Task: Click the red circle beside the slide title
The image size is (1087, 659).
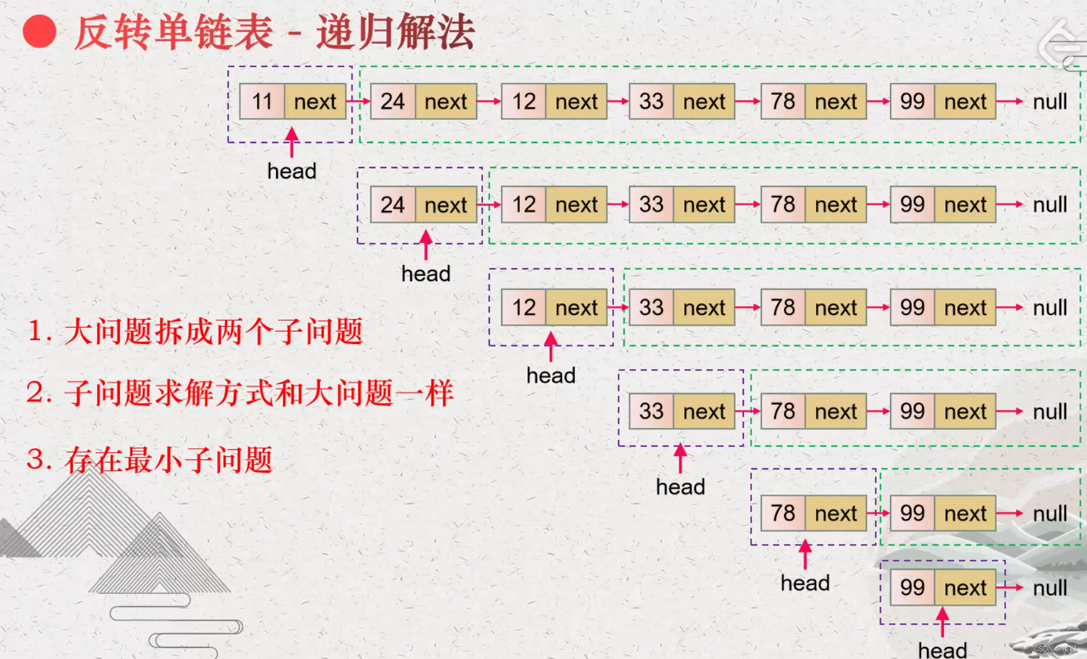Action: (x=40, y=31)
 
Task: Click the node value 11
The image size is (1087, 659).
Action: (x=262, y=101)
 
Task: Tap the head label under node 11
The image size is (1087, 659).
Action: (x=292, y=171)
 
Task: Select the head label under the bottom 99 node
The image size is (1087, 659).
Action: (x=942, y=650)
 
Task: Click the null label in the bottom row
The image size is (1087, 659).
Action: (x=1049, y=588)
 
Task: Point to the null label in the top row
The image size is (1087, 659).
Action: (x=1049, y=102)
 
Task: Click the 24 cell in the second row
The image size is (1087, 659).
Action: (x=393, y=205)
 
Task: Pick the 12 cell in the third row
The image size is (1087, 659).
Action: (x=524, y=308)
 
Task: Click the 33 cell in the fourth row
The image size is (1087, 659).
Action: (x=651, y=411)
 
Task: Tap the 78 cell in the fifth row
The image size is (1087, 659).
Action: (x=783, y=513)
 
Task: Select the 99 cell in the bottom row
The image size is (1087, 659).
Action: (x=912, y=588)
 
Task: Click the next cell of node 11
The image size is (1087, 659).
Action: (x=315, y=101)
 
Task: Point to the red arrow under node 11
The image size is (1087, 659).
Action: (x=292, y=142)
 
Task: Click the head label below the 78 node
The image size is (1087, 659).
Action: (x=805, y=583)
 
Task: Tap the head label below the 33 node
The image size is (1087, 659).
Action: (x=681, y=486)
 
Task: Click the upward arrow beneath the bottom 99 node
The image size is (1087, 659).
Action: (x=942, y=622)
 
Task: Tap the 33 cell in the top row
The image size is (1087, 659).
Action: (x=651, y=101)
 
